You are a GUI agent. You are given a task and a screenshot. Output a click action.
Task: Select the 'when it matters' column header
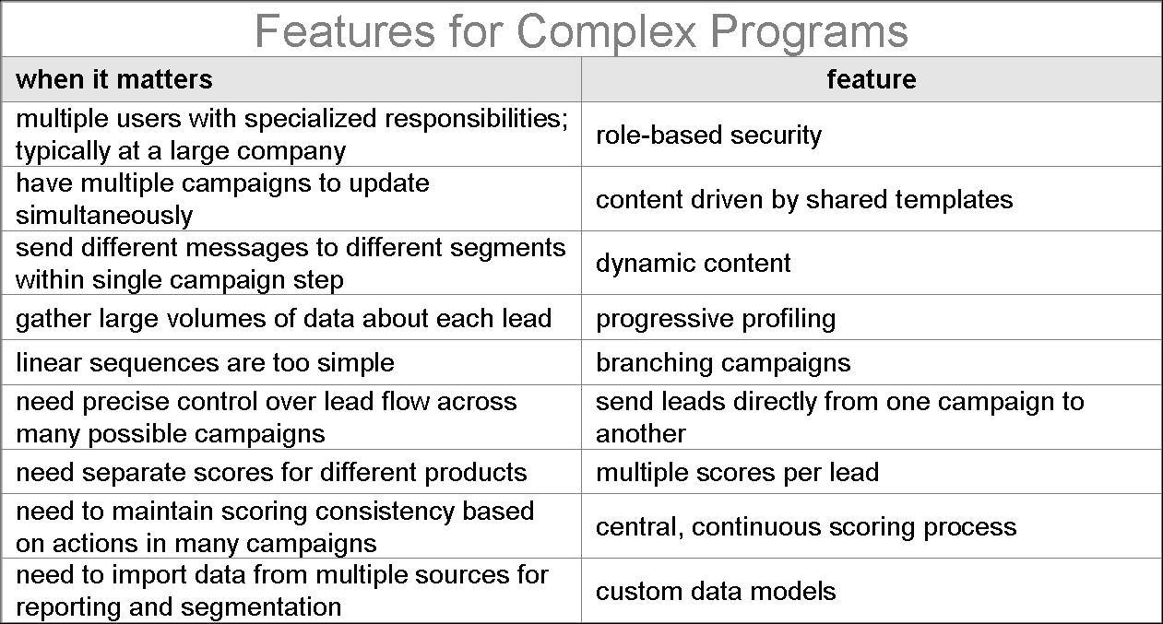pos(114,79)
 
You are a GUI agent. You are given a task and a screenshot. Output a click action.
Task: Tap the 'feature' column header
pos(871,79)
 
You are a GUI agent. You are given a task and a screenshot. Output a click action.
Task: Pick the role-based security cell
pos(708,135)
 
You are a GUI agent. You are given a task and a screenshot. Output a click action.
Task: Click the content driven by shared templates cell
pos(803,199)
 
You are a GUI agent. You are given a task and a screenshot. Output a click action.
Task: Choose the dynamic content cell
pos(693,263)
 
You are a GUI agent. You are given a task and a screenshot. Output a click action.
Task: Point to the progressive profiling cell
pos(716,318)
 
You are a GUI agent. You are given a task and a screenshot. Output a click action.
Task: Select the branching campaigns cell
pos(723,362)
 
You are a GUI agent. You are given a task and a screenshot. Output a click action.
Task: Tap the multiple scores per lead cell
pos(737,472)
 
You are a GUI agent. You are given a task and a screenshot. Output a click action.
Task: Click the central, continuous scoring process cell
pos(805,526)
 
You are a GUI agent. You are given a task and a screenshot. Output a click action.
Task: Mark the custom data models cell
pos(716,591)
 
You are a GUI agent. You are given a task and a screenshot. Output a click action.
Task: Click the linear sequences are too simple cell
pos(205,362)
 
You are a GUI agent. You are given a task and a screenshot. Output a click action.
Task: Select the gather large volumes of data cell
pos(283,318)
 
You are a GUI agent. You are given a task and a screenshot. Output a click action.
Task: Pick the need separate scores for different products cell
pos(271,472)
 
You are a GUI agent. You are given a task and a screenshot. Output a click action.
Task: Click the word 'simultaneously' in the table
pos(104,216)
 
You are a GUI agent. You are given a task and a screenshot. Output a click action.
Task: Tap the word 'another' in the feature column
pos(640,433)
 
